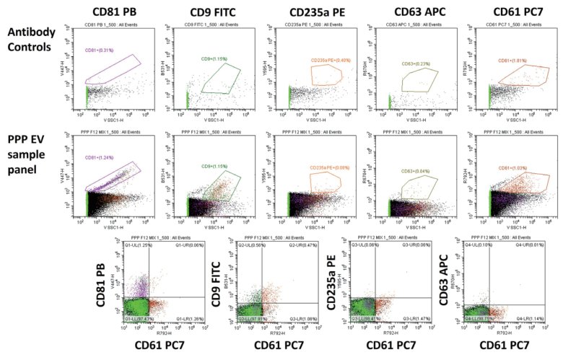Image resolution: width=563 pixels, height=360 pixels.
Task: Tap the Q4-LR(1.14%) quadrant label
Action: click(525, 317)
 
